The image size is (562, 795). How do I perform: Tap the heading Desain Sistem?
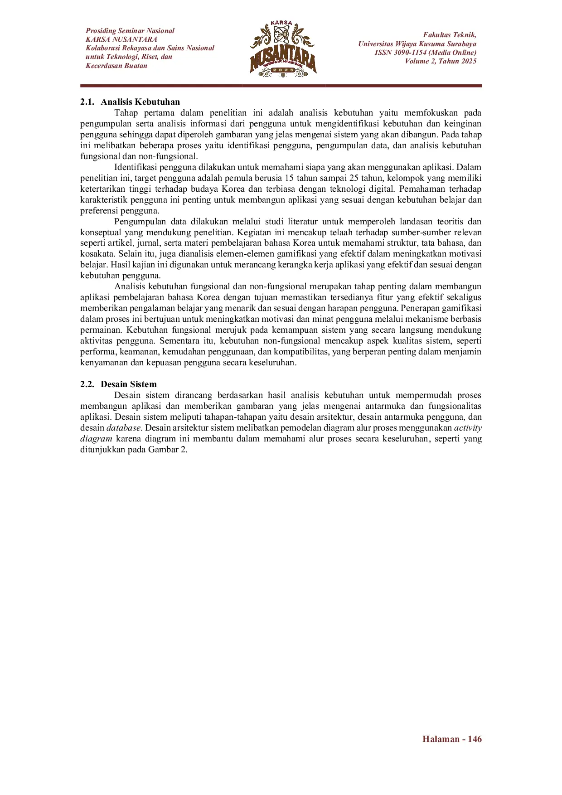pos(129,384)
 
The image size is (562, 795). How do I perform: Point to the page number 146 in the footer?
pos(475,739)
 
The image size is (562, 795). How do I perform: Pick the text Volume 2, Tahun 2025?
pos(441,61)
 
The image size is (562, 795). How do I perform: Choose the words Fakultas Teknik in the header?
pos(449,35)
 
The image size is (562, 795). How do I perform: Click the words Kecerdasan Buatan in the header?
pos(116,66)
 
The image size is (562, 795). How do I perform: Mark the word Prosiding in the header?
pos(101,31)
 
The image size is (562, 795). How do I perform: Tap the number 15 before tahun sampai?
pos(289,178)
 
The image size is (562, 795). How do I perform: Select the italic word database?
pos(123,428)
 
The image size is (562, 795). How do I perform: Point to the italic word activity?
pos(468,428)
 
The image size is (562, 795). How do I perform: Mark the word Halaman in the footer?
pos(441,739)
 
